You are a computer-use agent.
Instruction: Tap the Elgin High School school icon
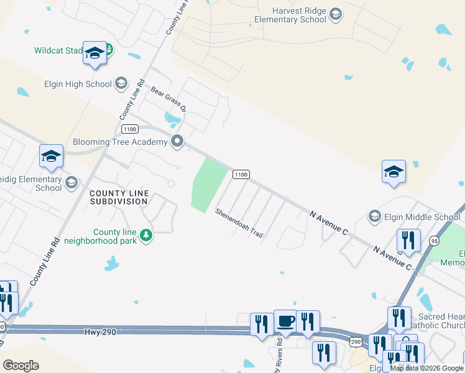coord(121,83)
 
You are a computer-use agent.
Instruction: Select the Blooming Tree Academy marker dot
coord(178,142)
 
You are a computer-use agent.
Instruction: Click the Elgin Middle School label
coord(422,217)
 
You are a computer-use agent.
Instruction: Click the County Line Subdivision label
coord(119,198)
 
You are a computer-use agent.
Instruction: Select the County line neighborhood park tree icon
coord(146,235)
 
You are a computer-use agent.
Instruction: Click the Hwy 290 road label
coord(100,333)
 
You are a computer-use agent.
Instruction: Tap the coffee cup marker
coord(285,321)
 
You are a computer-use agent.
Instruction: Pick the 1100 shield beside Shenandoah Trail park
coord(241,175)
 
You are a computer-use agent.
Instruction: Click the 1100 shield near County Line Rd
coord(129,129)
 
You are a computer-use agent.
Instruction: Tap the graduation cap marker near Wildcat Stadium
coord(95,53)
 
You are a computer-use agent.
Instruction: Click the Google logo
coord(21,366)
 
